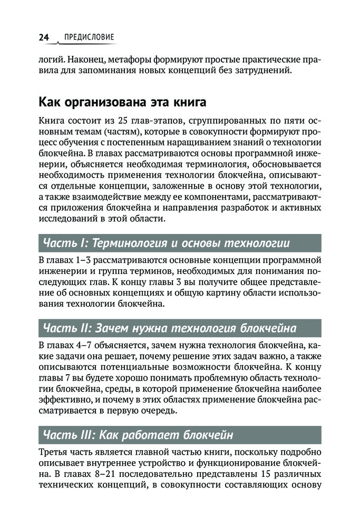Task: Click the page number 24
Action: (x=44, y=37)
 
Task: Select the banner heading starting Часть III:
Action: (x=137, y=435)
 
